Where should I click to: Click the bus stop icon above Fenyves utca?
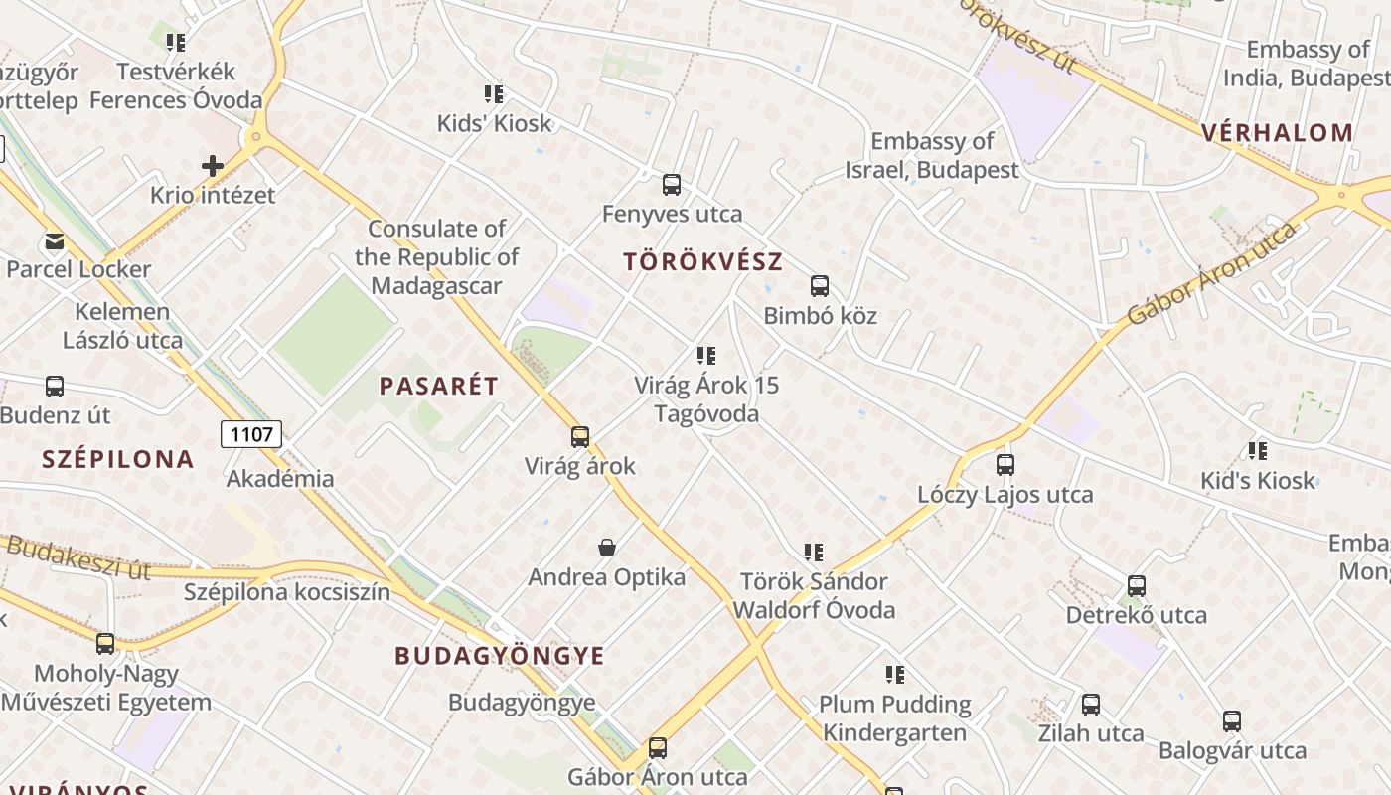[x=672, y=184]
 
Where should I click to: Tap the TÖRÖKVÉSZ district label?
[x=702, y=262]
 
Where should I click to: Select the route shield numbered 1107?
[x=251, y=434]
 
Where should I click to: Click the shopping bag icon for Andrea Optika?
[x=607, y=548]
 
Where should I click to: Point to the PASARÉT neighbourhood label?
[x=438, y=387]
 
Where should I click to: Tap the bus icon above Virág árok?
[x=580, y=436]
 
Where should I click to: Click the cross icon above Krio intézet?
[x=213, y=165]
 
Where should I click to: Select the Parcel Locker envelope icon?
[x=54, y=240]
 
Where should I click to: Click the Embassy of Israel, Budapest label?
[x=932, y=156]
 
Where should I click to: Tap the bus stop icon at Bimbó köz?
[x=820, y=286]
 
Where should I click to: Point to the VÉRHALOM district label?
[x=1277, y=133]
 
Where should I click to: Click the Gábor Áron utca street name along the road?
[x=1212, y=273]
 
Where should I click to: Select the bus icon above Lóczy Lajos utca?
[x=1005, y=464]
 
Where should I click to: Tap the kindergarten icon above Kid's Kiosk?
[x=1258, y=451]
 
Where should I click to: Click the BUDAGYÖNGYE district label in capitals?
[x=500, y=656]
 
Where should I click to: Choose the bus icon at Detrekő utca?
[x=1137, y=586]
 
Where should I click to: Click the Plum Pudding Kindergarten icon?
[x=895, y=675]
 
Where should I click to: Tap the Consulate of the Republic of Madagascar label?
[x=437, y=257]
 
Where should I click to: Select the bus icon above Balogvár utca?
[x=1232, y=721]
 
